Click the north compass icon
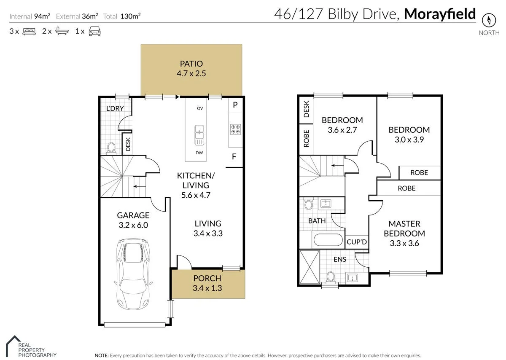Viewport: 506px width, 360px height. tap(489, 20)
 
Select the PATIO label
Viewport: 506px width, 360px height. tap(191, 64)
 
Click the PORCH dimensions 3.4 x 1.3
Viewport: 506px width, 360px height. tap(207, 288)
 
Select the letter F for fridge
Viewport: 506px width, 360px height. tap(234, 157)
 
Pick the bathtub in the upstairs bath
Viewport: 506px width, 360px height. tap(328, 240)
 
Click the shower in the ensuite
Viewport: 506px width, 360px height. tap(309, 267)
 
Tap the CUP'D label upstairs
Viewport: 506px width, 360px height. tap(357, 242)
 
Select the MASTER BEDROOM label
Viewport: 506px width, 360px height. tap(407, 228)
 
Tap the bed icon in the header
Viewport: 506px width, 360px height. tap(29, 31)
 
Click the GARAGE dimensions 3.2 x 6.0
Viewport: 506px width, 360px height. tap(133, 225)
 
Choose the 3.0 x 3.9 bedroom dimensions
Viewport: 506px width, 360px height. tap(409, 140)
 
